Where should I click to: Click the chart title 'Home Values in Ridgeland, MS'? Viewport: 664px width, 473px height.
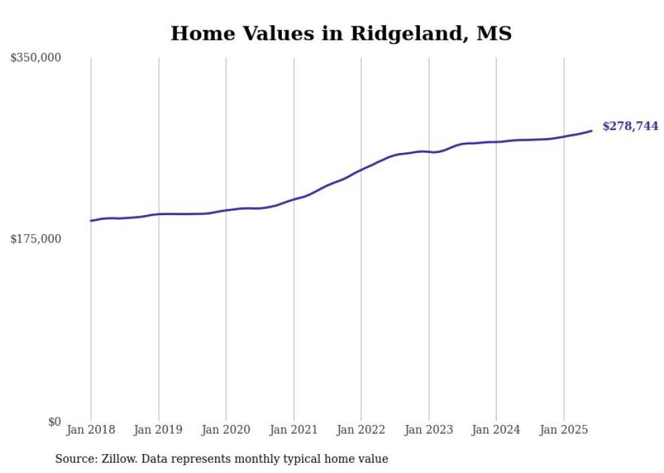point(341,33)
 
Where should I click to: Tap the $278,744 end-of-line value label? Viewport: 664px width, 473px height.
point(629,126)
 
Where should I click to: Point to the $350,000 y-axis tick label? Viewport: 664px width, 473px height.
point(35,58)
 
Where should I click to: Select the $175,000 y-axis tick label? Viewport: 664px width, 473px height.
point(35,239)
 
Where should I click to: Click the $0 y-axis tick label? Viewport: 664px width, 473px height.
point(54,422)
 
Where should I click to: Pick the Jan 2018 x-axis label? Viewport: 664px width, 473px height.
point(91,430)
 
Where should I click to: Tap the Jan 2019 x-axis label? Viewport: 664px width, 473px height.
point(159,430)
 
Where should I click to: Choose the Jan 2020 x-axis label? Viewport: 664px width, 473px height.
point(226,430)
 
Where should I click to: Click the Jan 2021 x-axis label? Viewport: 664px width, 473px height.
point(293,430)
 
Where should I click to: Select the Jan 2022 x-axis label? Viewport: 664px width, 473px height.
point(361,430)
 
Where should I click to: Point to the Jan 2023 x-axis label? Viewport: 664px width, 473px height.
point(428,430)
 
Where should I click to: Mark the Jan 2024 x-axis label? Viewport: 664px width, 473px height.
point(496,430)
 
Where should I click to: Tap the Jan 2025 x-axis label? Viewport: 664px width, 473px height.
point(564,430)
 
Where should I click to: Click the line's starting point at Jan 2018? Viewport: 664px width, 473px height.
point(91,221)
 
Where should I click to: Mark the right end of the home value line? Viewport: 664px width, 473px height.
point(592,131)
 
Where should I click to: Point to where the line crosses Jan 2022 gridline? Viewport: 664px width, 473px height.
point(361,169)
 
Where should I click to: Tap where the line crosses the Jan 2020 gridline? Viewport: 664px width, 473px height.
point(226,210)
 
